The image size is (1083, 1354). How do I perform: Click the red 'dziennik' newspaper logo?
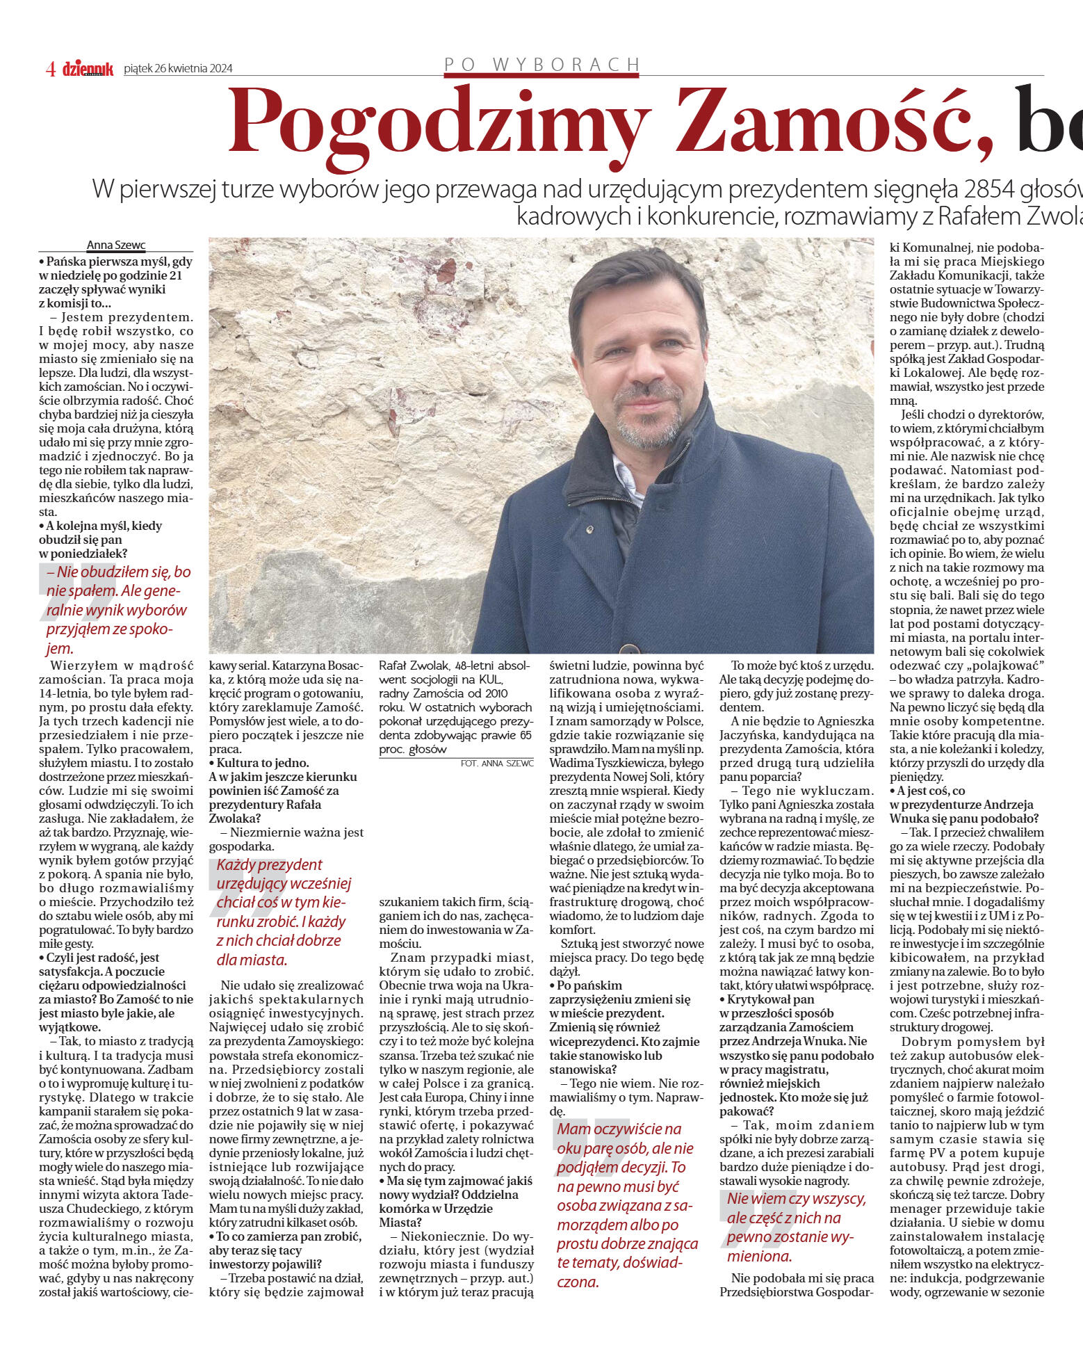88,68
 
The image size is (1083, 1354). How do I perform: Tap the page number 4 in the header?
51,68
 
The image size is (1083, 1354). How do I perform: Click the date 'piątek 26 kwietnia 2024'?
178,68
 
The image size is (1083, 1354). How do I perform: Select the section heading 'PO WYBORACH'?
541,65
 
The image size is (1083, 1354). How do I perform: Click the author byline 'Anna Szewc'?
116,245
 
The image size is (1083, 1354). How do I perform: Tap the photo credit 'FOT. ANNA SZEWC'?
497,763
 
